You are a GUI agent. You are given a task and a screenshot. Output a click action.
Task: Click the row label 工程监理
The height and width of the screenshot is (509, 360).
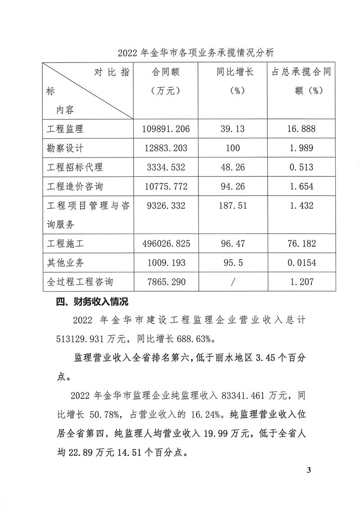[x=66, y=129]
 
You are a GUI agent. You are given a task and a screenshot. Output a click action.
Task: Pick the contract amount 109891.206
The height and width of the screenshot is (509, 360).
[x=166, y=129]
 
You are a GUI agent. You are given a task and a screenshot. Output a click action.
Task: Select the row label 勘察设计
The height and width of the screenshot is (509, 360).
[x=66, y=148]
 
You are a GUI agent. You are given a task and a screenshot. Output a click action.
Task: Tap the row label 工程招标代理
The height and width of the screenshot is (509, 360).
[x=75, y=167]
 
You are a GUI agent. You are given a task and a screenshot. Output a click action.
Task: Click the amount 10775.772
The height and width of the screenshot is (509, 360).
[x=166, y=186]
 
